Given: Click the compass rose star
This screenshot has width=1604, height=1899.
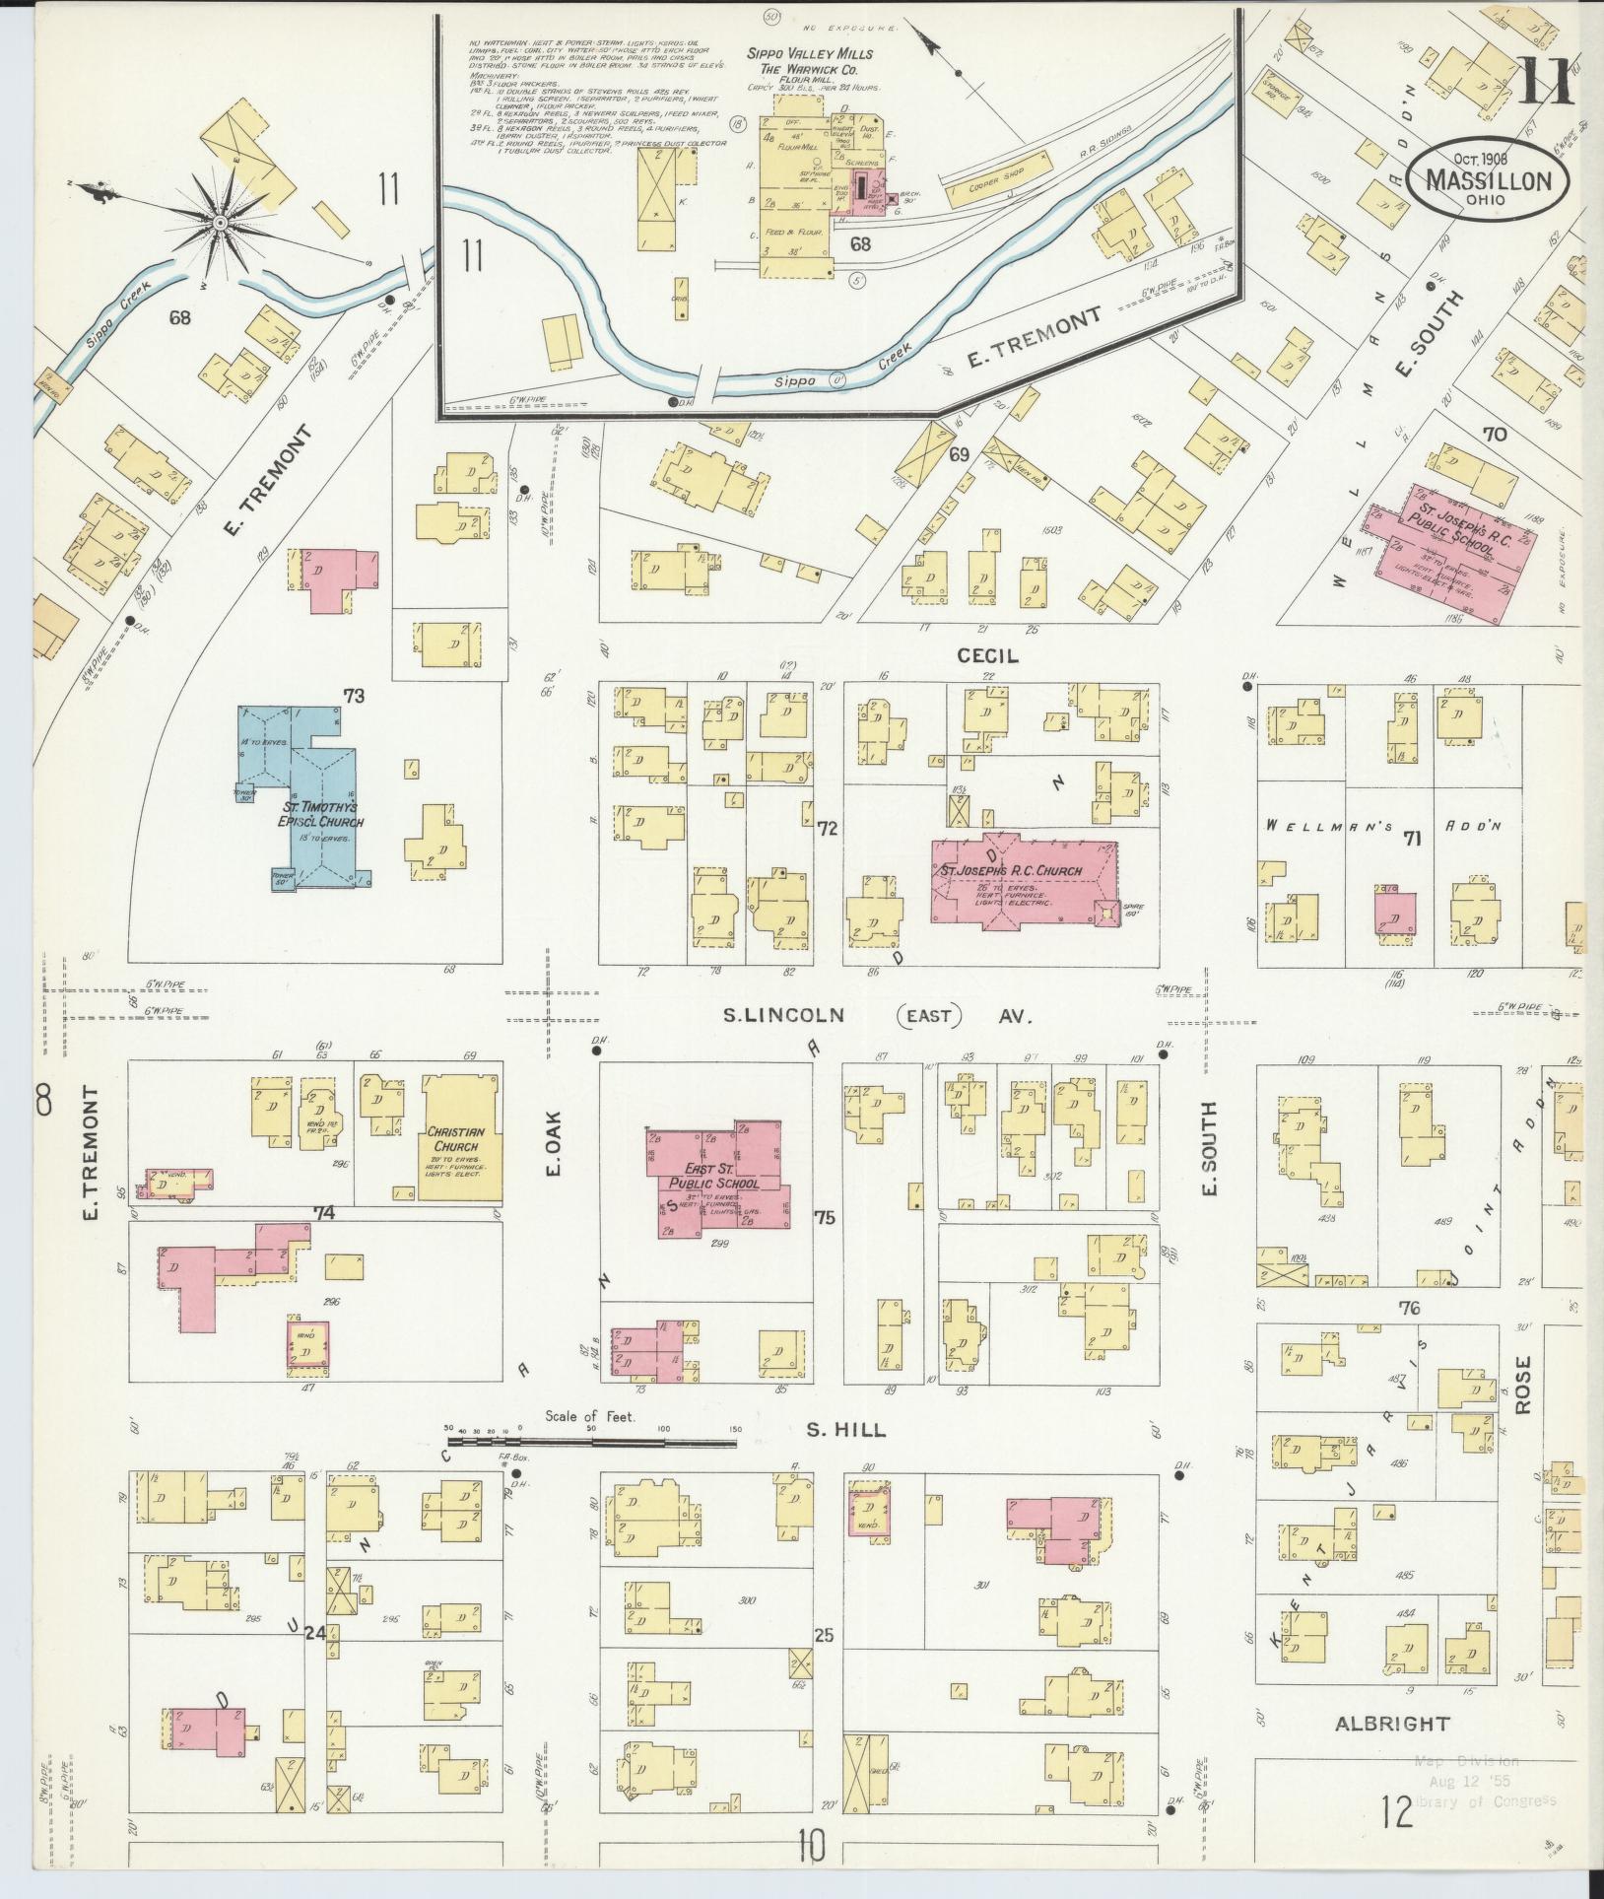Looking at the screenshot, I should (x=219, y=224).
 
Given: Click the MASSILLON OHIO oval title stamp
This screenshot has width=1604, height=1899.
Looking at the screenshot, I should (x=1489, y=182).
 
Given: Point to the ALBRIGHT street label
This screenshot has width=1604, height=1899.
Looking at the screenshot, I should (x=1391, y=1724).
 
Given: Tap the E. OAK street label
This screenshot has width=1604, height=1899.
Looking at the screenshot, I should (x=553, y=1143).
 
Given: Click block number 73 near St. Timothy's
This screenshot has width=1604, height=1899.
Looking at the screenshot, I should (x=354, y=697).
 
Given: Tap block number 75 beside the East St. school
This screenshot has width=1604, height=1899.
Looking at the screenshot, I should (x=825, y=1218).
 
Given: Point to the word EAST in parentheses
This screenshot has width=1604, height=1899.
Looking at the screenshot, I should (x=929, y=1015).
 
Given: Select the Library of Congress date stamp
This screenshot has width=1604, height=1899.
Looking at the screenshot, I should (x=1482, y=1780).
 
